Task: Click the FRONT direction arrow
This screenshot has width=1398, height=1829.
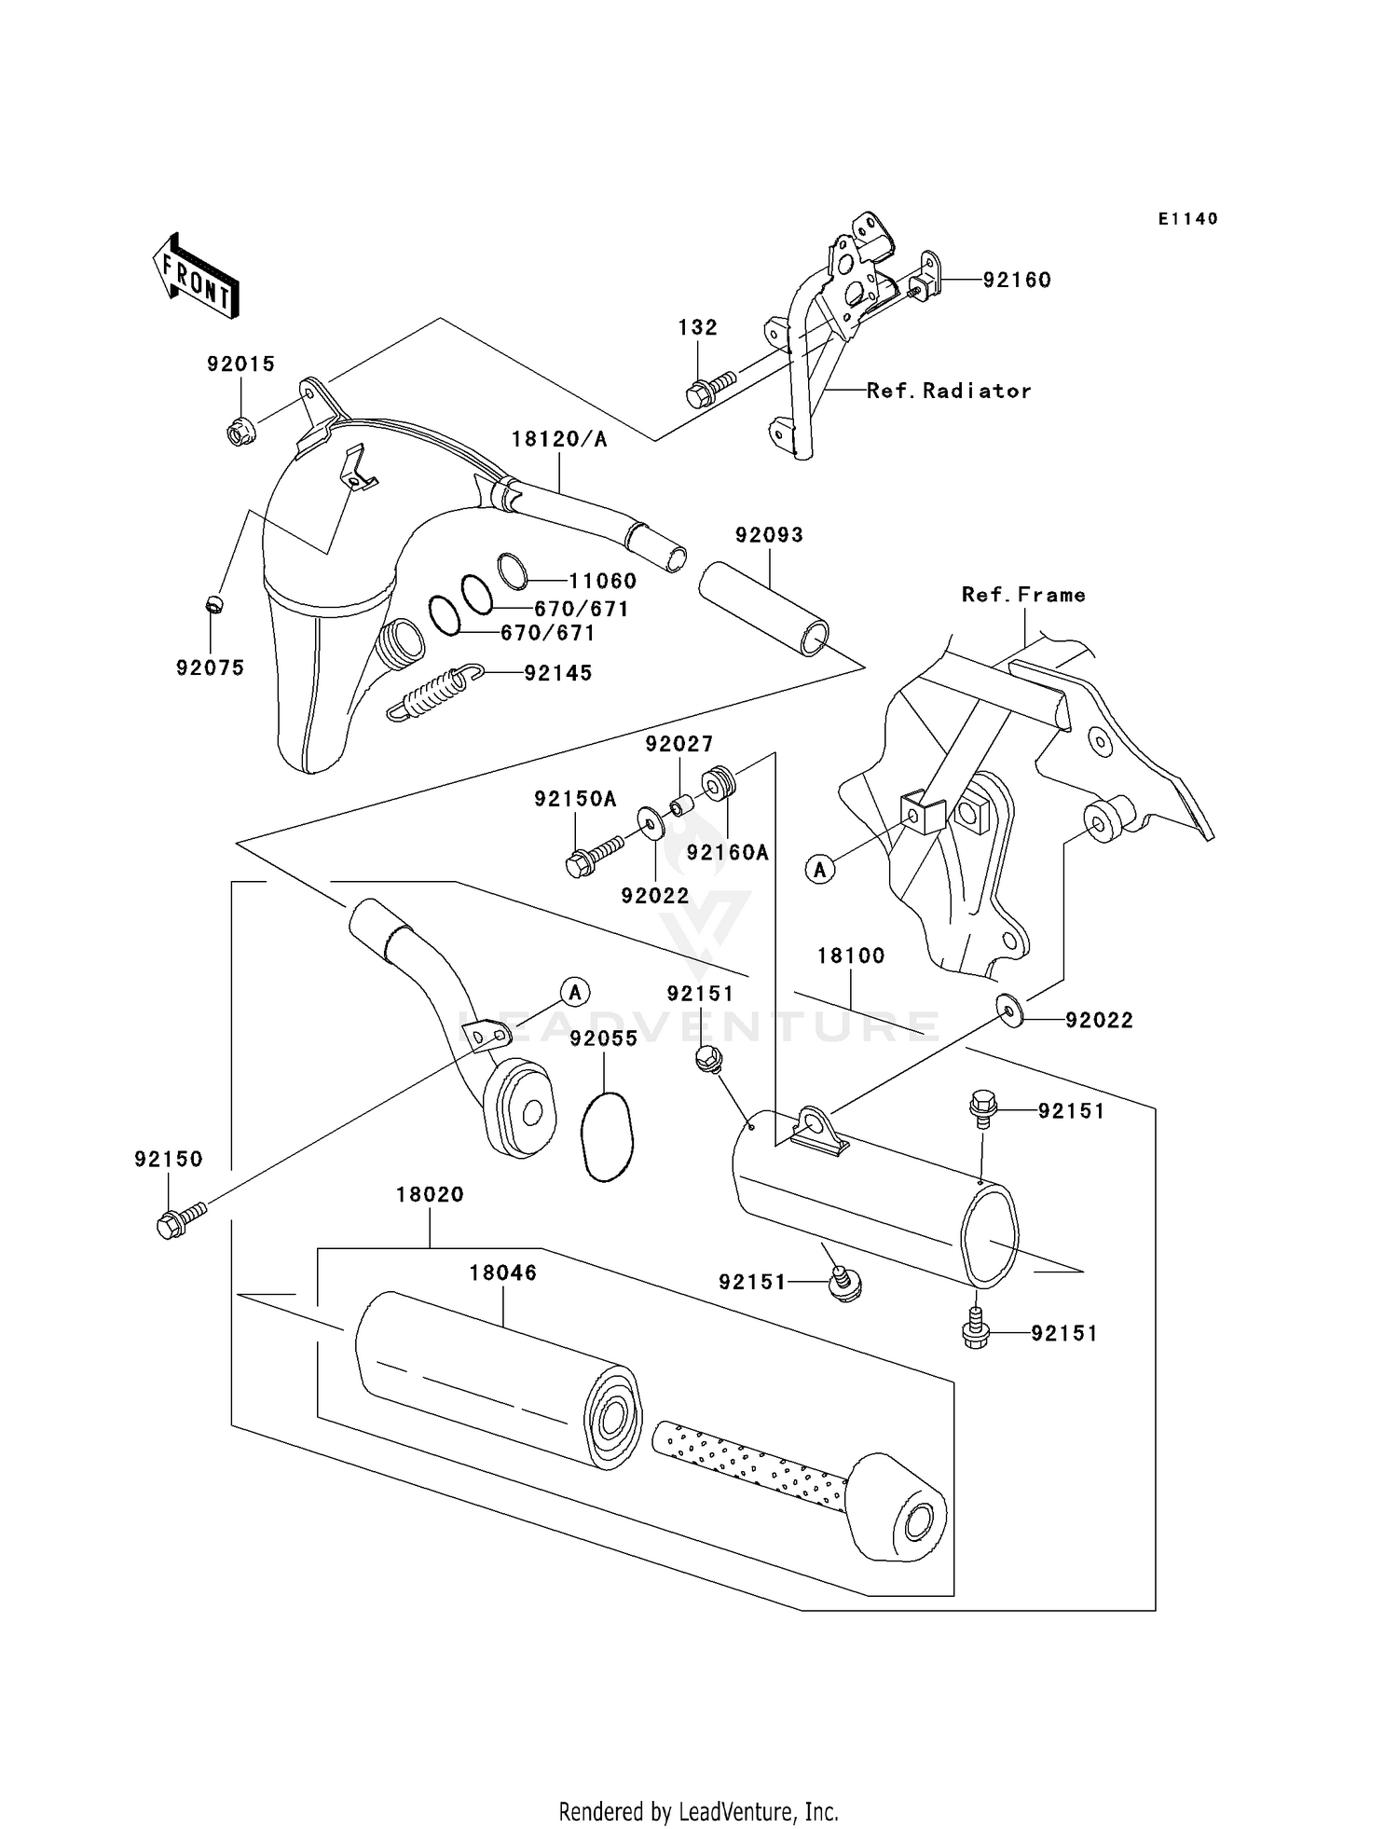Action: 196,277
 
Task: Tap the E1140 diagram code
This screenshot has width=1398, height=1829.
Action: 1187,219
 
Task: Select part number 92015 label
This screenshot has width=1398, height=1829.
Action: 240,364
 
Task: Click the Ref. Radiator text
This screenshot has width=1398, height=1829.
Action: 949,392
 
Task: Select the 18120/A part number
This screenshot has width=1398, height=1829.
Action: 558,439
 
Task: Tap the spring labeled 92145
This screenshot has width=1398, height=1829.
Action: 434,694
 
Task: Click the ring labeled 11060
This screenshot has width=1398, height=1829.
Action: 512,571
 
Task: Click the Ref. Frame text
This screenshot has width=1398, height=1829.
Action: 1023,595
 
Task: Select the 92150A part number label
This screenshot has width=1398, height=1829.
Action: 575,799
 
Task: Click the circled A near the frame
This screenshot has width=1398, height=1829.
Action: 820,870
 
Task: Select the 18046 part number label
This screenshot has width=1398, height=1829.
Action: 502,1272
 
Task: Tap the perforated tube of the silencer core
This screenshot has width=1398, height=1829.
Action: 750,1465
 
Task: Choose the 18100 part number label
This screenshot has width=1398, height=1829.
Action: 850,956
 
